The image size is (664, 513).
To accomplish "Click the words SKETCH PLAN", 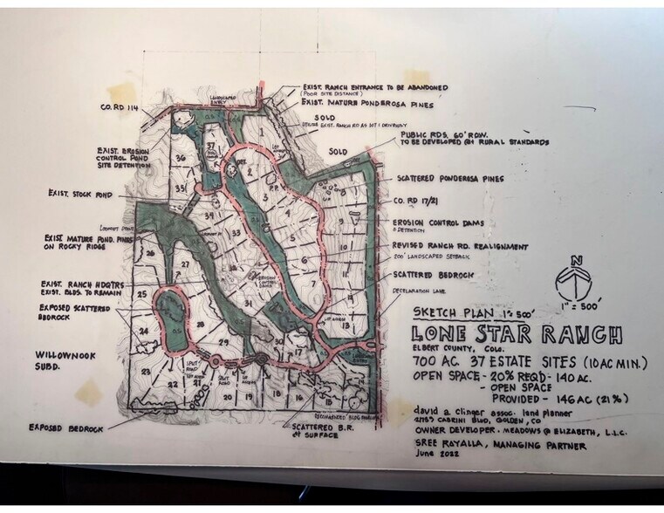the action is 442,312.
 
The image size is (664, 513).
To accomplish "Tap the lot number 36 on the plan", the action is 180,158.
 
